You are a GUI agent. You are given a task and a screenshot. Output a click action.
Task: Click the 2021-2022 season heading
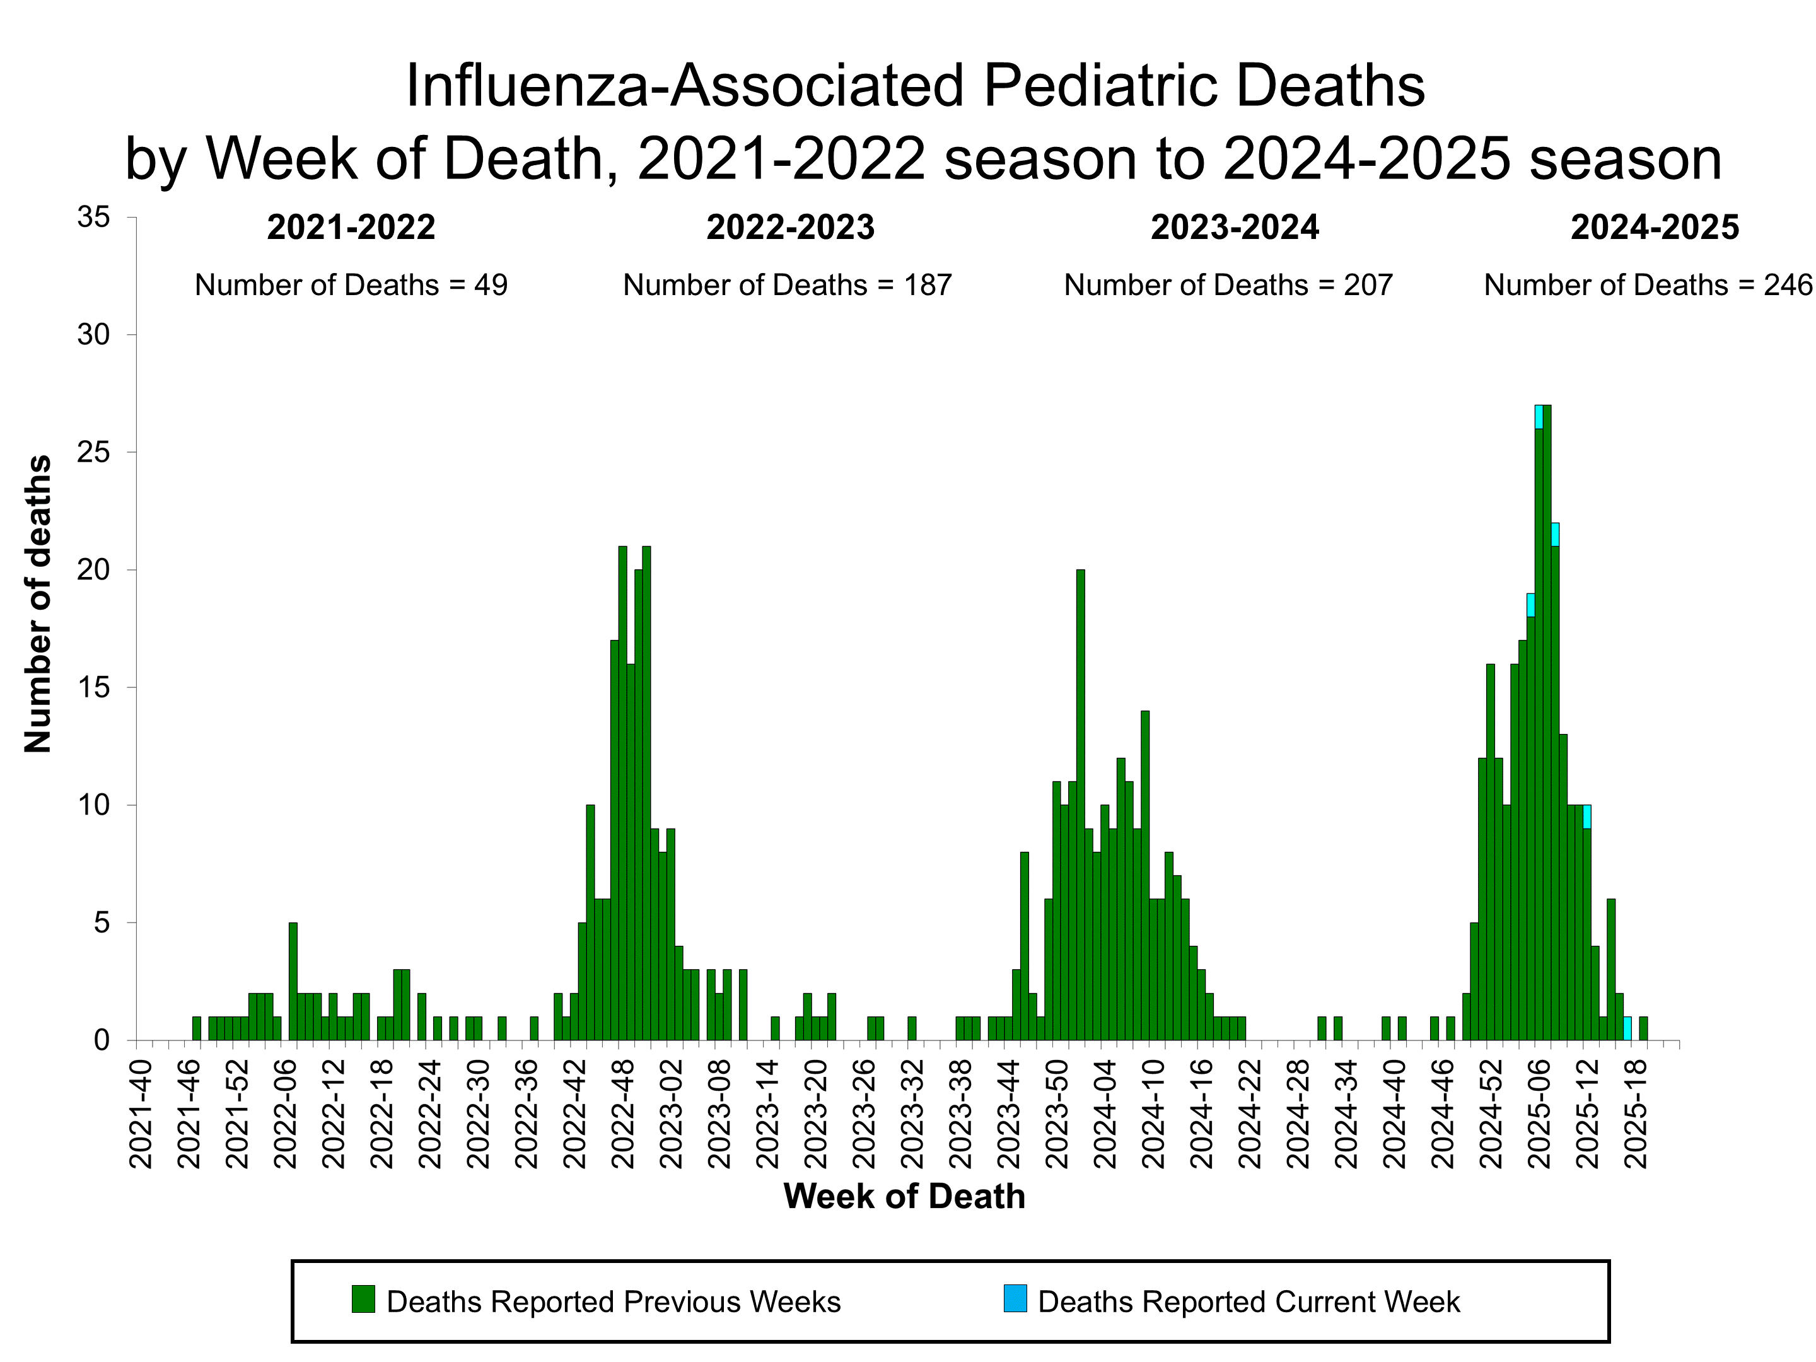pyautogui.click(x=351, y=228)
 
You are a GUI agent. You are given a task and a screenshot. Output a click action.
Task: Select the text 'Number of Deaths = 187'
pyautogui.click(x=786, y=285)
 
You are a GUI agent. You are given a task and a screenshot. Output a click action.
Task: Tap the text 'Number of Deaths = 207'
pyautogui.click(x=1228, y=285)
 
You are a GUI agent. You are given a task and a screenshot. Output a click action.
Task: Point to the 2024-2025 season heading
pyautogui.click(x=1655, y=228)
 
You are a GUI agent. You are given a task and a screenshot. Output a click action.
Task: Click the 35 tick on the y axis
pyautogui.click(x=93, y=218)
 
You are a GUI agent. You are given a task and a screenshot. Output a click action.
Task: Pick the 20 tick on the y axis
pyautogui.click(x=93, y=570)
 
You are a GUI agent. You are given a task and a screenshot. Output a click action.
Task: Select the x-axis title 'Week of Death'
pyautogui.click(x=904, y=1196)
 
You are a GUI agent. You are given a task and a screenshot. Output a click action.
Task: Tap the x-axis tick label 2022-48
pyautogui.click(x=623, y=1114)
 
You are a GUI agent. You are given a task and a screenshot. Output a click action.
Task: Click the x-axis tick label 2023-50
pyautogui.click(x=1057, y=1114)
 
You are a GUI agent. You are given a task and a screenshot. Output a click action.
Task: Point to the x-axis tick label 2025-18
pyautogui.click(x=1636, y=1114)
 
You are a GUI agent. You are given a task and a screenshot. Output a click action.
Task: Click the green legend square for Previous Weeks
pyautogui.click(x=363, y=1299)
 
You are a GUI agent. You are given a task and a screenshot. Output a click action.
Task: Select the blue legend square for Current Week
pyautogui.click(x=1015, y=1299)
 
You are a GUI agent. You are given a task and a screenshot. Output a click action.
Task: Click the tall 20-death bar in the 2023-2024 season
pyautogui.click(x=1080, y=805)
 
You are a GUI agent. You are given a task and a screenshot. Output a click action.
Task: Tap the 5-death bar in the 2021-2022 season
pyautogui.click(x=293, y=981)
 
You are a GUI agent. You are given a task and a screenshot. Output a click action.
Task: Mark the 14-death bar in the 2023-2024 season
pyautogui.click(x=1145, y=875)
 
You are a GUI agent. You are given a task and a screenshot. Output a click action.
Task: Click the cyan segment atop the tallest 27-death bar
pyautogui.click(x=1539, y=416)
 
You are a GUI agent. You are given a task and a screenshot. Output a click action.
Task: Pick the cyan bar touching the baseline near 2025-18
pyautogui.click(x=1627, y=1028)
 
